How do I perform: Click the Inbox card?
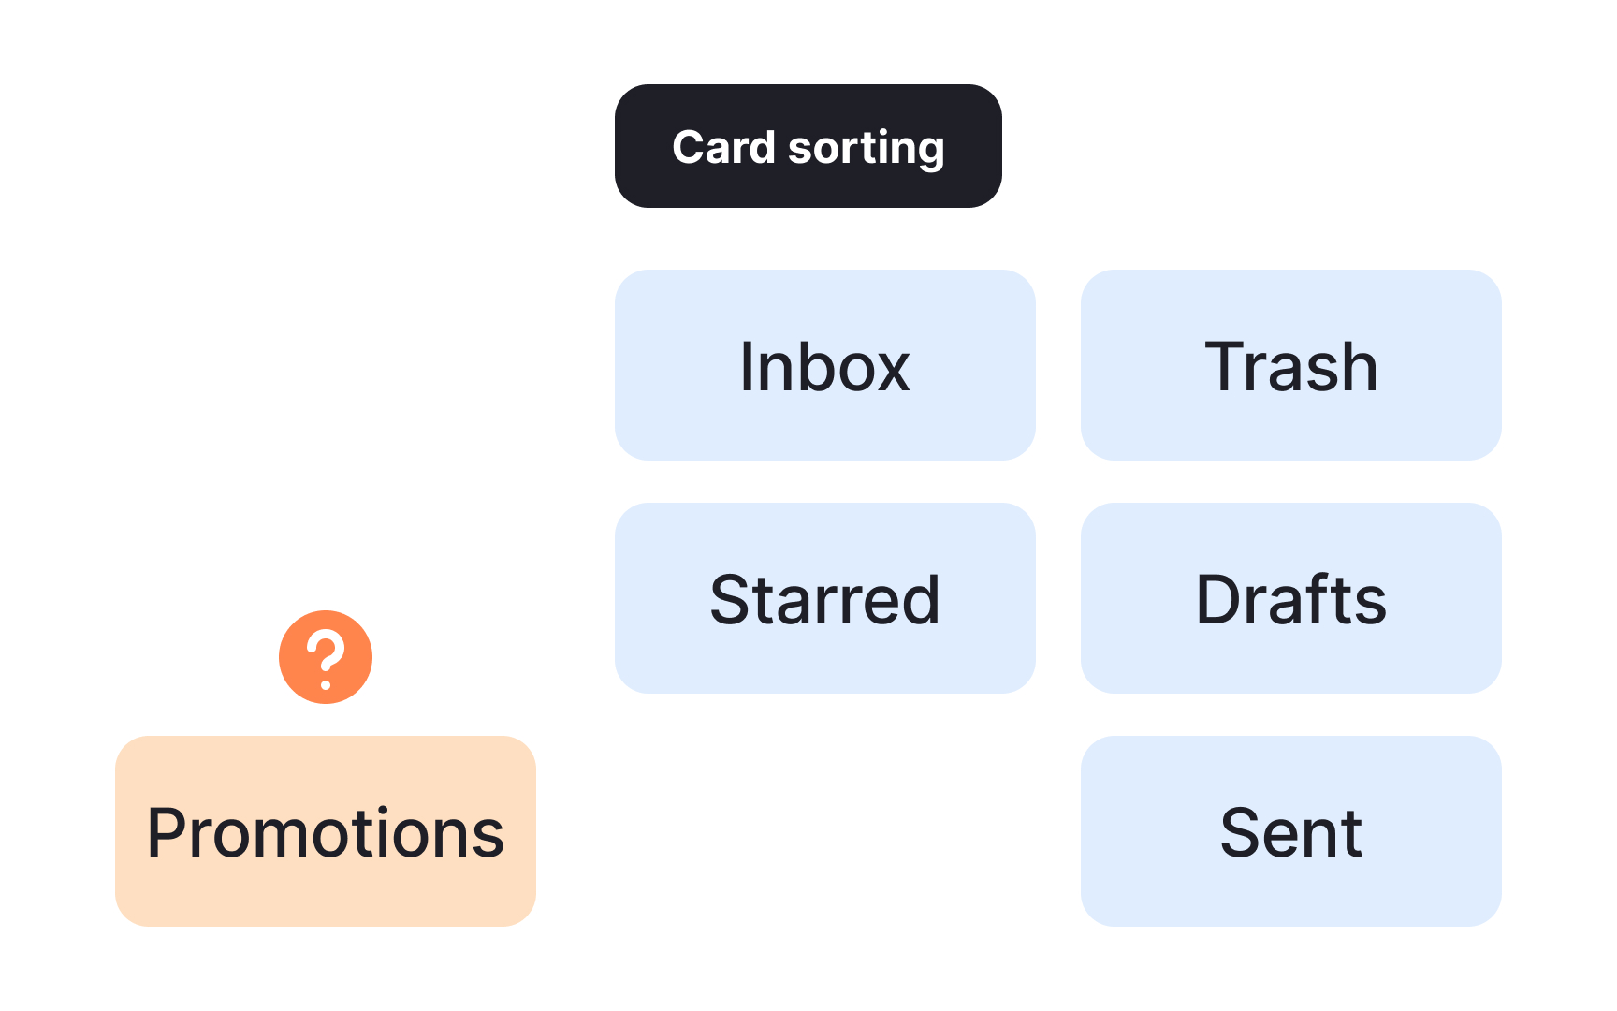click(824, 365)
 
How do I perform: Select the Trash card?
click(1290, 365)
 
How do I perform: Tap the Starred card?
click(824, 598)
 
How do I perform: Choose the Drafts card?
click(1290, 598)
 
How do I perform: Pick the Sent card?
click(1290, 831)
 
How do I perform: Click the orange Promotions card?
click(325, 831)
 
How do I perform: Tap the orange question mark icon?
click(326, 657)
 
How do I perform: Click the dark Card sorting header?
click(808, 146)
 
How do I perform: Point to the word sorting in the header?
click(866, 148)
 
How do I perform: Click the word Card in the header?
click(723, 147)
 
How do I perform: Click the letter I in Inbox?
click(746, 366)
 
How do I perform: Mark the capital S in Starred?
click(731, 599)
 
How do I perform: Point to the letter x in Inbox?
click(890, 370)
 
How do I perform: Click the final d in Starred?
click(919, 599)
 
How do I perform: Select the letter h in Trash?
click(1357, 366)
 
